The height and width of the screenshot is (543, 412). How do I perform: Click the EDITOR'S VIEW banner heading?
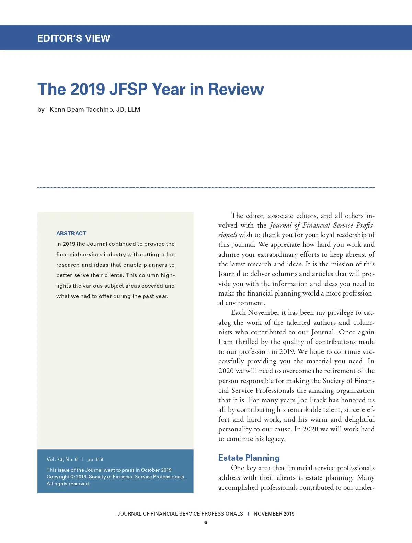tap(74, 38)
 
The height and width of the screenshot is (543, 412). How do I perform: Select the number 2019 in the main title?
tap(88, 89)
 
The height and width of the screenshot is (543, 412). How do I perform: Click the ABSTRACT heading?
tap(71, 233)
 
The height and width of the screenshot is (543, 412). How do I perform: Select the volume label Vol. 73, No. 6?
tap(62, 459)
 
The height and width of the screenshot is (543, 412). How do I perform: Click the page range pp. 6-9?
tap(95, 459)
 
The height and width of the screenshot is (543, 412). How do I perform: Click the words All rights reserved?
tap(68, 484)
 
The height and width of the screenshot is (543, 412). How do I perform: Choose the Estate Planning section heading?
tap(249, 458)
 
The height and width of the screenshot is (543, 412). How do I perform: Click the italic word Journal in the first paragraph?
tap(281, 225)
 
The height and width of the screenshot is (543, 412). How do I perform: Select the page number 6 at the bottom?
tap(206, 522)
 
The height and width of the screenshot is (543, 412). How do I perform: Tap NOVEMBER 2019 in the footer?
tap(274, 514)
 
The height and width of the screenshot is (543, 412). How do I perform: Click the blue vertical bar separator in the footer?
tap(248, 514)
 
